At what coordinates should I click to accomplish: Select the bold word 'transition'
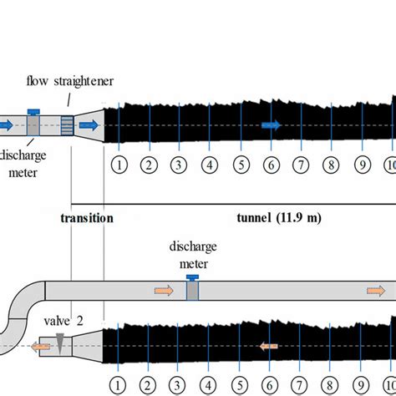(86, 218)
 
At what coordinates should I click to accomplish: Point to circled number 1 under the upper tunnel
(119, 165)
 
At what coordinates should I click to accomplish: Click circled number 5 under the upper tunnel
(240, 165)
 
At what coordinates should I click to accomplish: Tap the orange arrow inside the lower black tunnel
(267, 345)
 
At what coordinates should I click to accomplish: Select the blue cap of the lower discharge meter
(192, 277)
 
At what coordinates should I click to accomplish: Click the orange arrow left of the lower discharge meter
(164, 291)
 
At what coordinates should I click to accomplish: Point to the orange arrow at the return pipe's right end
(375, 291)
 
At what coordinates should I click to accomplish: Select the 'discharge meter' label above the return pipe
(192, 253)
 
